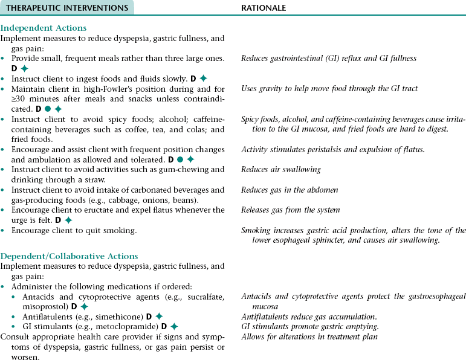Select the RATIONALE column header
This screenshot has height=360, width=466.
(263, 8)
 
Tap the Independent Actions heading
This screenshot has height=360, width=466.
(44, 28)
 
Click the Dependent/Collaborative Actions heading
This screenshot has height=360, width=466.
(70, 256)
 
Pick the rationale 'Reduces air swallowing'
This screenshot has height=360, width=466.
(280, 170)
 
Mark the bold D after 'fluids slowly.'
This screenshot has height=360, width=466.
(193, 79)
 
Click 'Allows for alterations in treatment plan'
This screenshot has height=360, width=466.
(309, 336)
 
